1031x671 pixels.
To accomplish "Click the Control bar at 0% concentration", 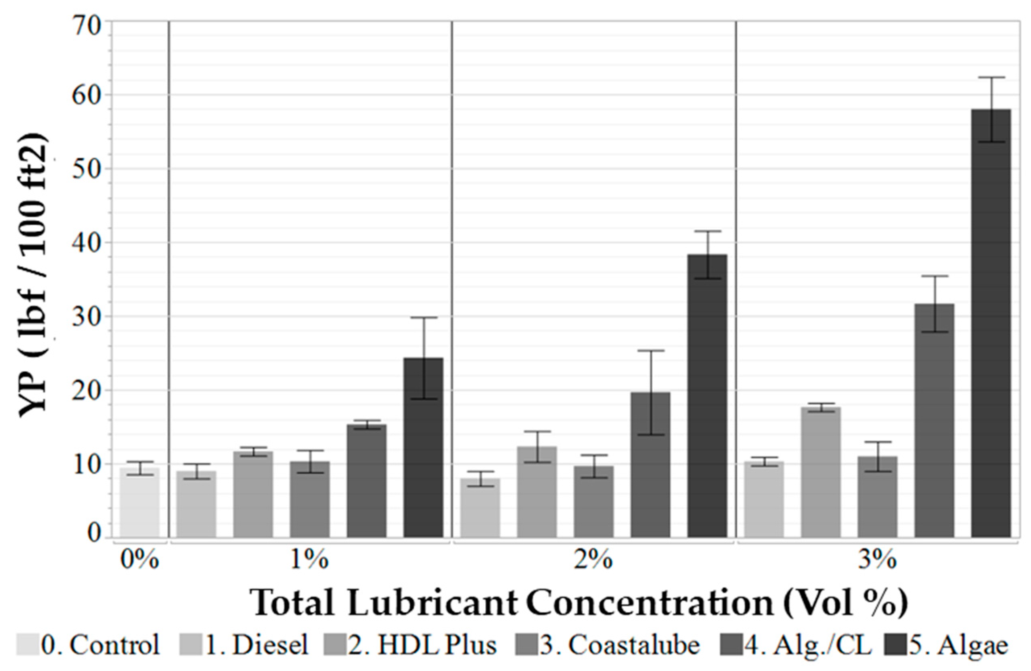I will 140,502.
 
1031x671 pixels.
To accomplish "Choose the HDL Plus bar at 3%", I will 821,472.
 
